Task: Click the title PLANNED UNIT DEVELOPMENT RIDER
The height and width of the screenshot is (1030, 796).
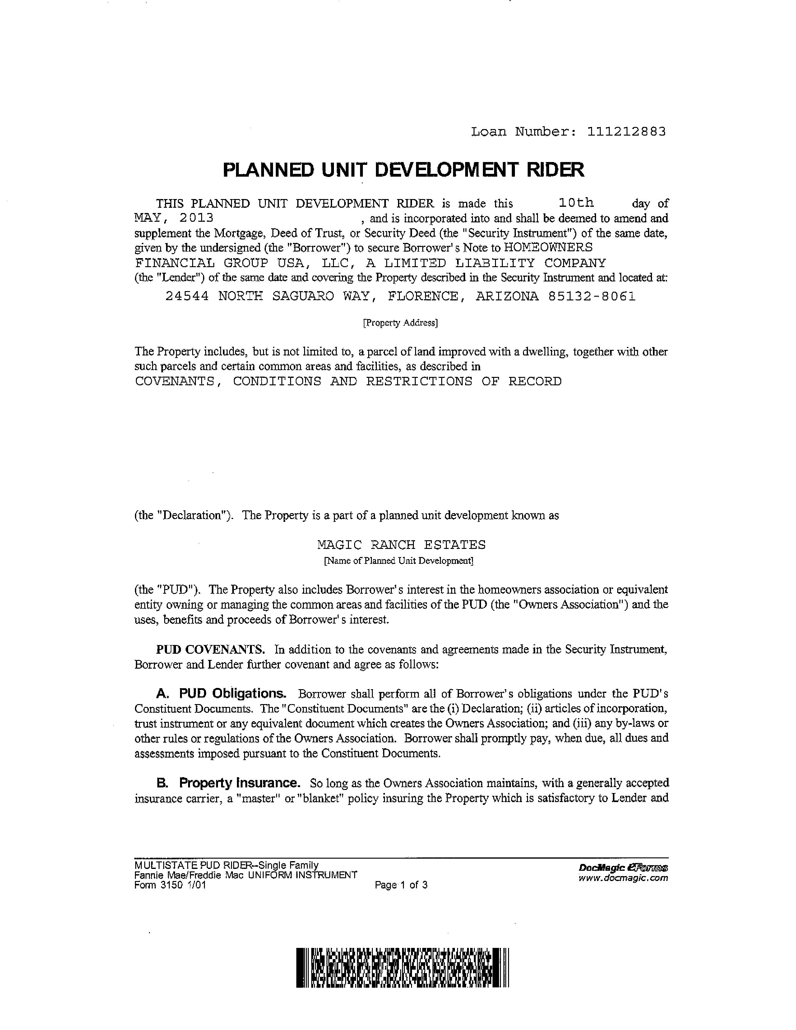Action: (403, 170)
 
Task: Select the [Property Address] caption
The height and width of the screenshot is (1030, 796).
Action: (400, 323)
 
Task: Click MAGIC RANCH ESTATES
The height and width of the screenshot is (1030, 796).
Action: (401, 545)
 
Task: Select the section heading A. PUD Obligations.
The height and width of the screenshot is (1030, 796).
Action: (221, 694)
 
